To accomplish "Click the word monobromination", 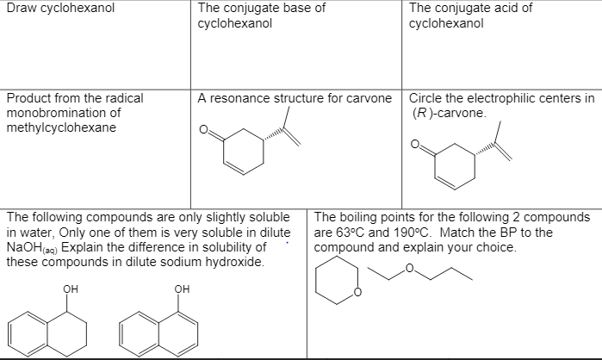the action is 63,113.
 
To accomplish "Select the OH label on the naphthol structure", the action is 180,289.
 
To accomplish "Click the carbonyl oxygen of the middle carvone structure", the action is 204,131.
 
